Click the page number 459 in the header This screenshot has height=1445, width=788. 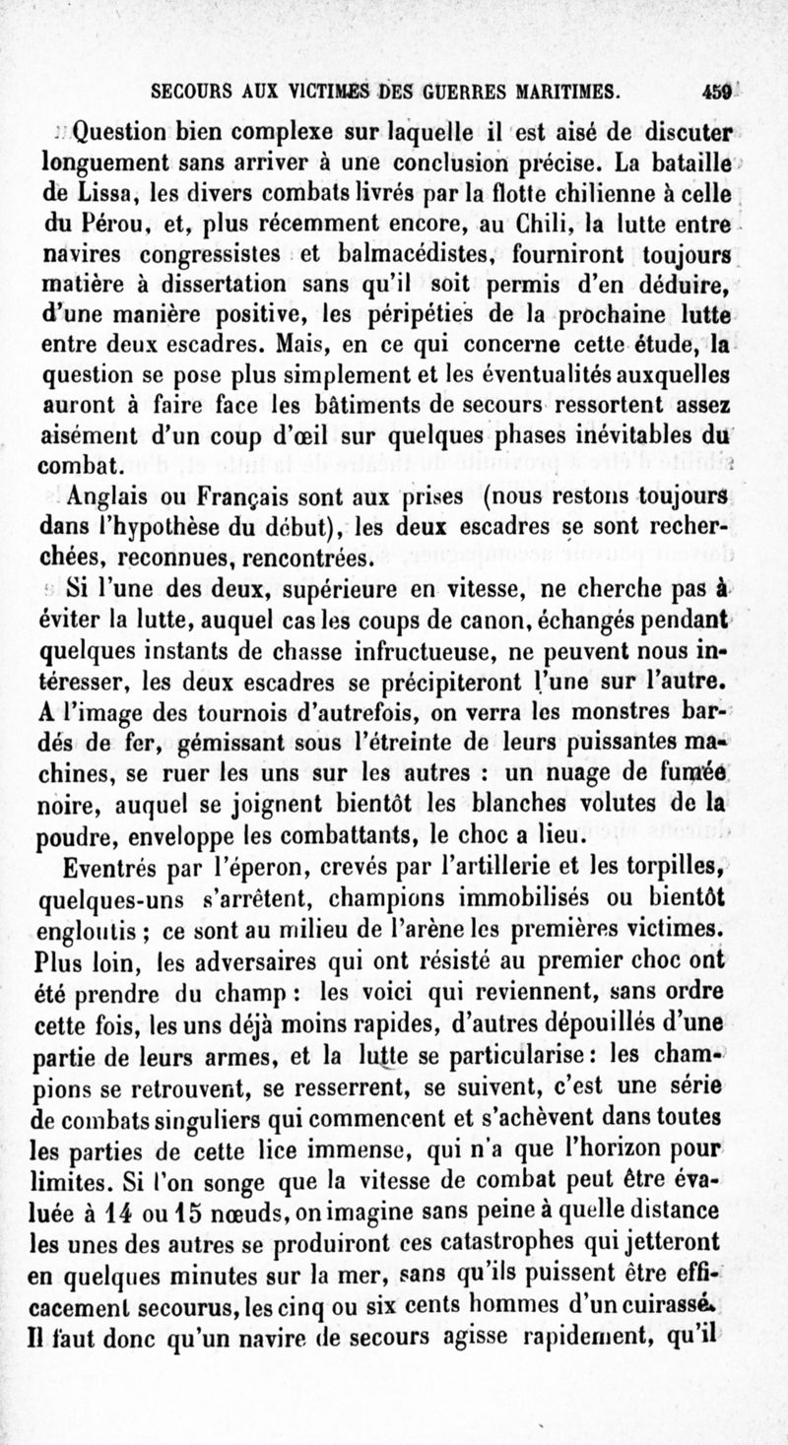click(717, 93)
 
